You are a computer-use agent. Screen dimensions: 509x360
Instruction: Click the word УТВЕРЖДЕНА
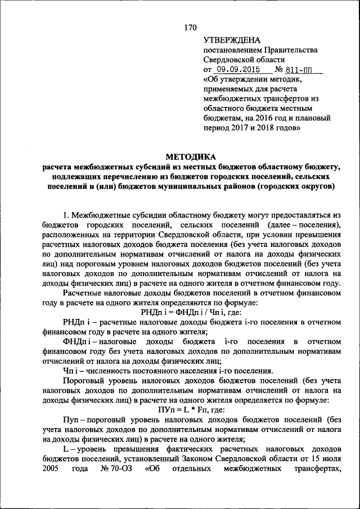(x=231, y=40)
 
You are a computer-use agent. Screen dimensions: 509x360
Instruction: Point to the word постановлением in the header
(x=231, y=50)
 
